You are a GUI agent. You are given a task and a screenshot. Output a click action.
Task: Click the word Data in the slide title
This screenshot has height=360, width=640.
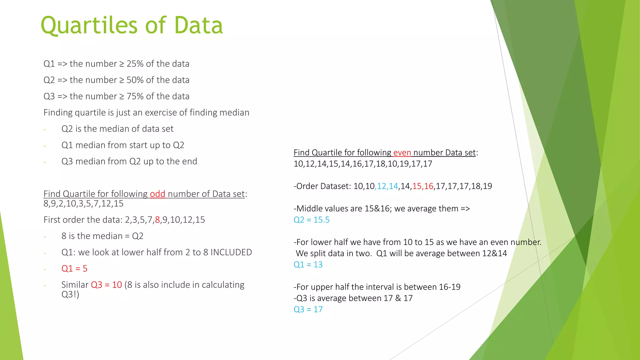198,25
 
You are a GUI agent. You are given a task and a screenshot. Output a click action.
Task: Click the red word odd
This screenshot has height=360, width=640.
157,194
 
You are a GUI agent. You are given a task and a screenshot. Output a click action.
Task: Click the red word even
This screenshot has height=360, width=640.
402,152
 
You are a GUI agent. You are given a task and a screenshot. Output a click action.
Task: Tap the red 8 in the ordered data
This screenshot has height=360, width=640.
157,220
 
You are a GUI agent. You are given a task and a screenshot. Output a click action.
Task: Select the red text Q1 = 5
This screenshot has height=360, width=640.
74,268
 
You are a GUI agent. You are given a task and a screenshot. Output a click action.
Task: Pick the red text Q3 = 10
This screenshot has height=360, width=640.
106,285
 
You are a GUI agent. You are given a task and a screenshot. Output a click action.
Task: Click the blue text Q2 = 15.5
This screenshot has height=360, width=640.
312,220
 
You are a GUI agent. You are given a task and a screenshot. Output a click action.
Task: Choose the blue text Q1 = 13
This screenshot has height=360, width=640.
308,265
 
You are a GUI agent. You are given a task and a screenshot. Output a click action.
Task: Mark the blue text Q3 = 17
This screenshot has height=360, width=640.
308,309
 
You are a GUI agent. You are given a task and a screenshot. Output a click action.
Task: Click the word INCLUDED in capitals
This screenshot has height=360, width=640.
231,252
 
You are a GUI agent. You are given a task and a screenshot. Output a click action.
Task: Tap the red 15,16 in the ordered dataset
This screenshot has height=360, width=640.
422,186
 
